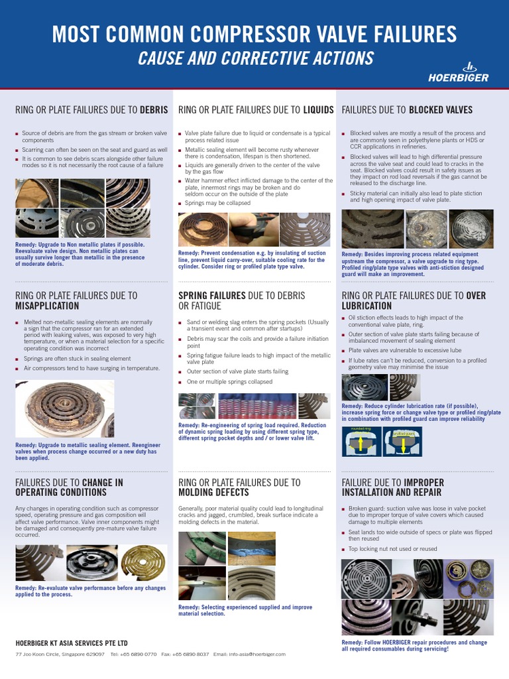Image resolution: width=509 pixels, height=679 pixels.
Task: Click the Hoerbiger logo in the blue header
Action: [469, 72]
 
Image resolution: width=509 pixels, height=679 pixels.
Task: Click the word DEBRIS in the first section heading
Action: [154, 109]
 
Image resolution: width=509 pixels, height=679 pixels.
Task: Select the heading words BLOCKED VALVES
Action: [441, 109]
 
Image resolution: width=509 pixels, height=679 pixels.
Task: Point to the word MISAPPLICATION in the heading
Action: [47, 306]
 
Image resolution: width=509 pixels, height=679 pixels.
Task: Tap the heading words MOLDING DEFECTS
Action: [213, 493]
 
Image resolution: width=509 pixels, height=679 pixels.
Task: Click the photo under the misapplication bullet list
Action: [64, 409]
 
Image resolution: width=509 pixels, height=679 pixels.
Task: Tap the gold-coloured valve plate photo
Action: [144, 544]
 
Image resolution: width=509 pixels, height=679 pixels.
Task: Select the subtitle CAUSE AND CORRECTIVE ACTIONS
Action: [255, 58]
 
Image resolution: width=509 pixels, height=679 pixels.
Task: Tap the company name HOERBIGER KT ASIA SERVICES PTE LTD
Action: [72, 643]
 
